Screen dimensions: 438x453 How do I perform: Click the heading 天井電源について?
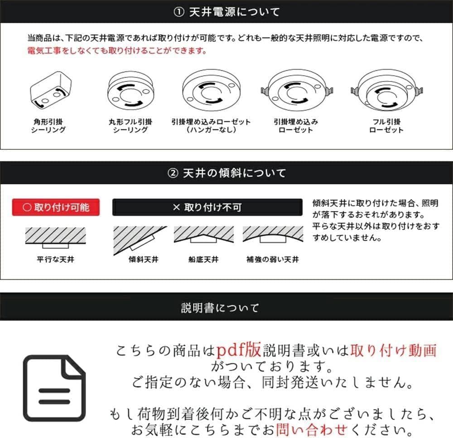click(x=234, y=12)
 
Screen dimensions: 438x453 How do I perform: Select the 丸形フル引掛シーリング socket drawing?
click(x=130, y=90)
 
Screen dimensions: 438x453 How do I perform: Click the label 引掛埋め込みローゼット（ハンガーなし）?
click(x=211, y=126)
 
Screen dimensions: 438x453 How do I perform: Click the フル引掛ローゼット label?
click(x=386, y=126)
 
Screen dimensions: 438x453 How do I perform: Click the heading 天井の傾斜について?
click(x=234, y=173)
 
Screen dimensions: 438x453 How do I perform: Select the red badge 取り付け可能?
click(x=56, y=208)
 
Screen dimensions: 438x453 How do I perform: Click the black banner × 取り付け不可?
click(x=207, y=208)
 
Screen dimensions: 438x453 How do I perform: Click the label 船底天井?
click(x=203, y=260)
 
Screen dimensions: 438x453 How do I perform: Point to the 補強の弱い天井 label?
click(x=272, y=260)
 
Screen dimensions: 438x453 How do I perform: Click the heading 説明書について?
click(x=220, y=308)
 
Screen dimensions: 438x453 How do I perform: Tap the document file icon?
click(x=54, y=388)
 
